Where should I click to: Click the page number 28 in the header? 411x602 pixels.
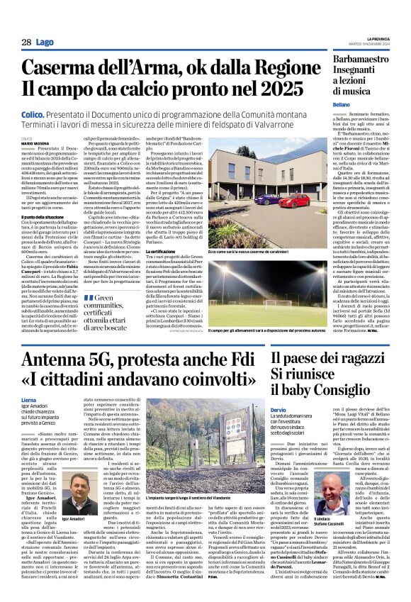click(x=26, y=43)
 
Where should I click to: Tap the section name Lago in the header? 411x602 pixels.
click(x=43, y=43)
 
